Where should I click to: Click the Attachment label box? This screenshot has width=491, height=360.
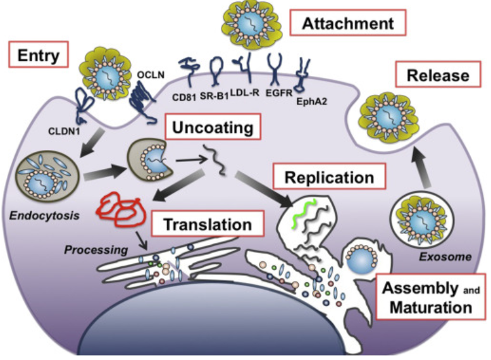coord(347,25)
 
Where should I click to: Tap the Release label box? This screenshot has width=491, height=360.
coord(438,75)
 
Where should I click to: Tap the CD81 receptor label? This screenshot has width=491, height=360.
coord(185,97)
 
